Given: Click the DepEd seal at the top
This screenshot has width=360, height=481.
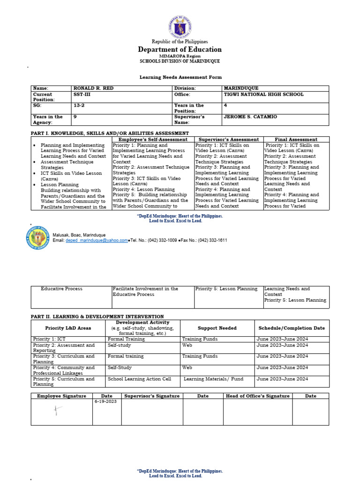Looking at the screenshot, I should pyautogui.click(x=180, y=27).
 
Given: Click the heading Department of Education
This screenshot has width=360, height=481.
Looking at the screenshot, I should pyautogui.click(x=180, y=49).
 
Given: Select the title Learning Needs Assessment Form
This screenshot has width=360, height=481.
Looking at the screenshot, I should pyautogui.click(x=180, y=77).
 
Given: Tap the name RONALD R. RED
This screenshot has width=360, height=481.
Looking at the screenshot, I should pyautogui.click(x=93, y=88).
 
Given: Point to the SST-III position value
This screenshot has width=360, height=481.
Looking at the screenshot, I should pyautogui.click(x=82, y=94).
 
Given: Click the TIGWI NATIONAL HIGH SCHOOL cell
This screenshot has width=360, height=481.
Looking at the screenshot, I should pyautogui.click(x=263, y=94).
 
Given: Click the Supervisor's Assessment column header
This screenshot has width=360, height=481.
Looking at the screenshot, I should pyautogui.click(x=228, y=140).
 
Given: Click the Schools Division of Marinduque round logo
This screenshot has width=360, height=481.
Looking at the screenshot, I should pyautogui.click(x=37, y=237).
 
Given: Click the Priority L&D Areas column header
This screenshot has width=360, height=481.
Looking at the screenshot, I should pyautogui.click(x=68, y=328).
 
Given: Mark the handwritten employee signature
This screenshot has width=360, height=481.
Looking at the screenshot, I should pyautogui.click(x=58, y=412).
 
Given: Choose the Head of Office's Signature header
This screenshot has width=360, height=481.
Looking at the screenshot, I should pyautogui.click(x=257, y=396).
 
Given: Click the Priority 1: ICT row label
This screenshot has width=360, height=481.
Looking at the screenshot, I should pyautogui.click(x=49, y=339).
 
